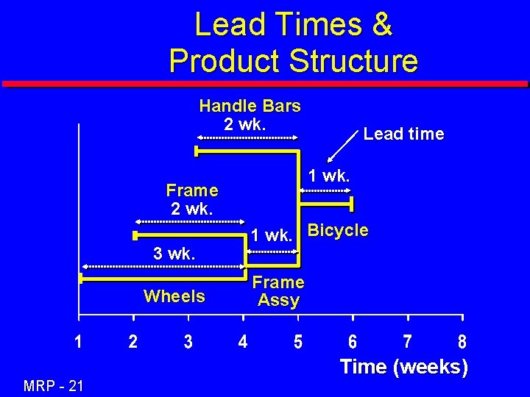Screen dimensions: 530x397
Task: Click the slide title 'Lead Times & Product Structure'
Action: click(293, 43)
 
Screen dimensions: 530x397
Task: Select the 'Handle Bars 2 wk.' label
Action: click(250, 115)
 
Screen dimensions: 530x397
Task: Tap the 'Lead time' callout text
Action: click(403, 134)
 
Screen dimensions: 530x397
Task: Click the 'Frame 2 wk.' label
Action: click(192, 199)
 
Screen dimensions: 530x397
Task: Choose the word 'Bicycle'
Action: click(338, 230)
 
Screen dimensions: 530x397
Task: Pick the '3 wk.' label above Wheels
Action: click(174, 254)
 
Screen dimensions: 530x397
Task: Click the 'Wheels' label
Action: click(174, 296)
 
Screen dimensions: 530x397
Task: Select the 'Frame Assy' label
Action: click(278, 291)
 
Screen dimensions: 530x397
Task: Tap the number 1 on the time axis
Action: click(78, 342)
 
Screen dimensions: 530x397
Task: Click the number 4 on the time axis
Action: click(243, 342)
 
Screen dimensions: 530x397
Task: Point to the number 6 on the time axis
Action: click(353, 342)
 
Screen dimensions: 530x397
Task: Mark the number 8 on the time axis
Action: click(462, 342)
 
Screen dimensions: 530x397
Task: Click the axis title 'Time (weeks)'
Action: click(403, 366)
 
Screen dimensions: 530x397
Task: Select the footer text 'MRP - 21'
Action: click(53, 384)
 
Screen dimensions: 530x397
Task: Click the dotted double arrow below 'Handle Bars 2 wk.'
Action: click(247, 137)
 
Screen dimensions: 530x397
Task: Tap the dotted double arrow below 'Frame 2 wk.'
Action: click(189, 221)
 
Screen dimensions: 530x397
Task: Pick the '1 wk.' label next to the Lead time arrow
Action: click(330, 176)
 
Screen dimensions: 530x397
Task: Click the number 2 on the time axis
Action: click(132, 342)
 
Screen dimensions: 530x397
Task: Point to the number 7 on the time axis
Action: click(408, 342)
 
